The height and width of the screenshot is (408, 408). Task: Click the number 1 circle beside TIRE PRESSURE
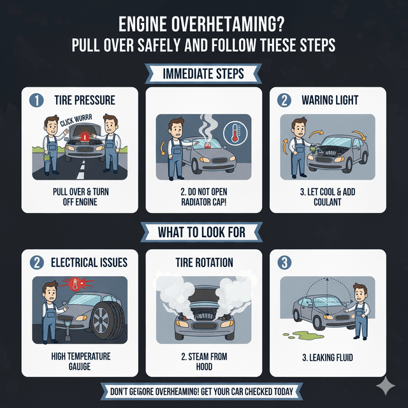point(36,100)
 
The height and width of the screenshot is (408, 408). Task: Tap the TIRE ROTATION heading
point(204,262)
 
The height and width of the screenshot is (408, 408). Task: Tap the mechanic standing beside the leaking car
point(361,310)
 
